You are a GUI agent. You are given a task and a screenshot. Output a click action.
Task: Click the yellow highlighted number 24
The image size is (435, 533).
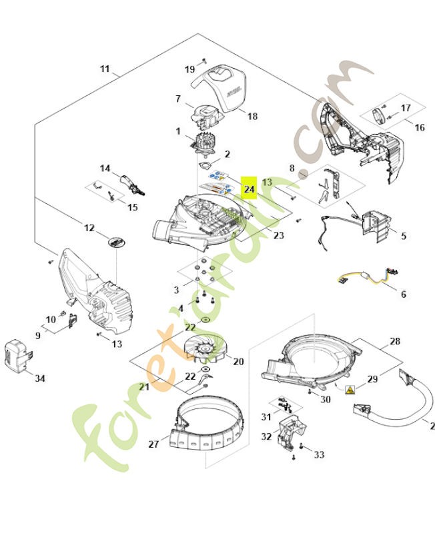249,189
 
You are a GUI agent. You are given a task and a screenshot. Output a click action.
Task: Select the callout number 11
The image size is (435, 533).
105,69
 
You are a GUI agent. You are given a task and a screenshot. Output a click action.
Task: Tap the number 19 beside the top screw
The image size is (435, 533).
189,69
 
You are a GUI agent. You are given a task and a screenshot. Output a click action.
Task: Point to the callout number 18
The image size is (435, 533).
252,117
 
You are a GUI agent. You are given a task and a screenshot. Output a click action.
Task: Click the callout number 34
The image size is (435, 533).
40,378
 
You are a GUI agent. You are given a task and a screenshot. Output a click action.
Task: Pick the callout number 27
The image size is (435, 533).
153,444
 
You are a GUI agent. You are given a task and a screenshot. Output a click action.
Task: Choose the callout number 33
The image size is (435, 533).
319,454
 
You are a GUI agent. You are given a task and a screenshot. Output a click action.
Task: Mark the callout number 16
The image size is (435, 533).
419,127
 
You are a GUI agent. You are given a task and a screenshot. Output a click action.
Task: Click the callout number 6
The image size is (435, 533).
403,294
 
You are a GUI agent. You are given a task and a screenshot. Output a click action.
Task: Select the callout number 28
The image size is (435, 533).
395,342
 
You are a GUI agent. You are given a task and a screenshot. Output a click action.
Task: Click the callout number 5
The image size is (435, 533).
403,236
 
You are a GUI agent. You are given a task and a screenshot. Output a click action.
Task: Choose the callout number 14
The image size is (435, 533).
105,168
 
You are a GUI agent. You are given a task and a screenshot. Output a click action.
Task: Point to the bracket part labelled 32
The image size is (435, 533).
289,434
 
